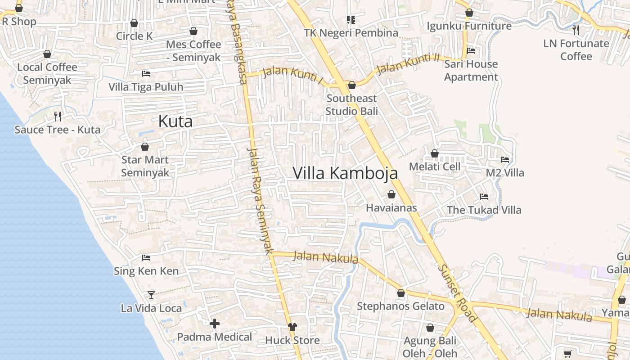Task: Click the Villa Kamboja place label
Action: coord(345,173)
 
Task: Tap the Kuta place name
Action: coord(175,121)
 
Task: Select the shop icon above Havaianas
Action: coord(391,194)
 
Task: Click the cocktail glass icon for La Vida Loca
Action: coord(151,295)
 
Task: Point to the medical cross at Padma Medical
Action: coord(215,323)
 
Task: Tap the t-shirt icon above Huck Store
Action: coord(292,327)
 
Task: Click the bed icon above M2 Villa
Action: coord(505,159)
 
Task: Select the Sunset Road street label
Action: coord(457,293)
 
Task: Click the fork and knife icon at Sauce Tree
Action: coord(58,117)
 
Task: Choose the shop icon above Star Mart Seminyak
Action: coord(145,147)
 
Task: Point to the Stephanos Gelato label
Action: coord(400,306)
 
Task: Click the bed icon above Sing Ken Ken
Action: coord(146,258)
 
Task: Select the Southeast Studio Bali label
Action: coord(351,104)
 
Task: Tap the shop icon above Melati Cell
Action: coord(435,154)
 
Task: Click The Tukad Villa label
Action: coord(484,210)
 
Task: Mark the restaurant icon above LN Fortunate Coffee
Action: coord(576,30)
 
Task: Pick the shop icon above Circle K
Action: coord(134,23)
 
